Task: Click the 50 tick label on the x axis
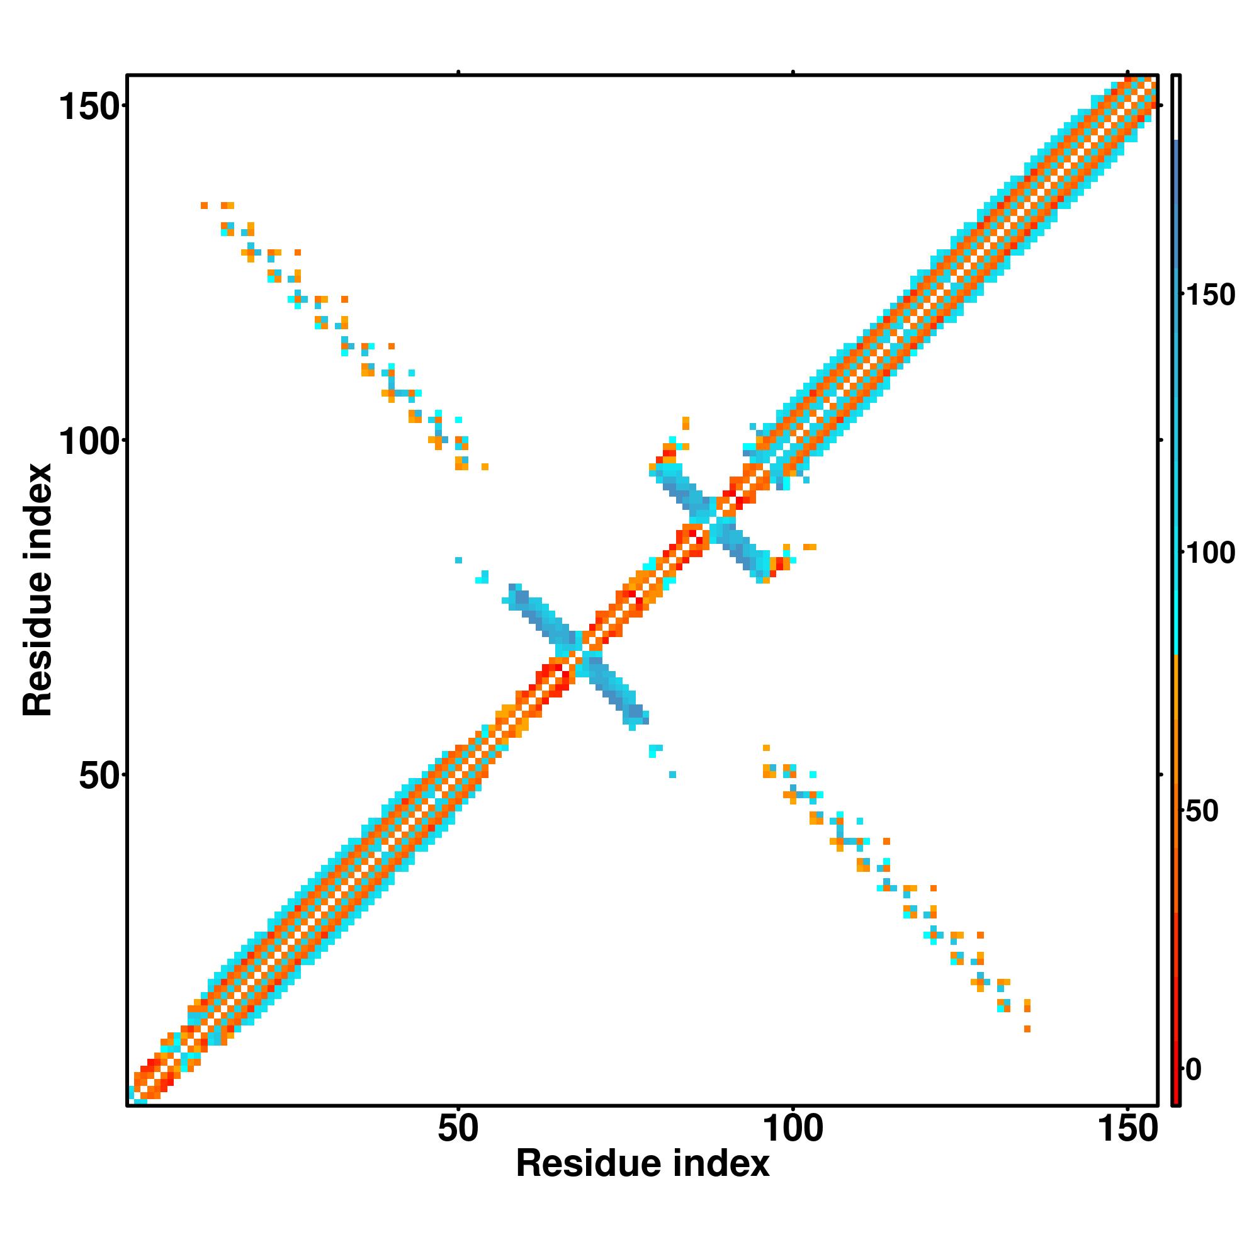pos(458,1129)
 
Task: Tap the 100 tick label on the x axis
pos(793,1129)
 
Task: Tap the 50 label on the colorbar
pos(1202,811)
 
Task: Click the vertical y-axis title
pos(37,590)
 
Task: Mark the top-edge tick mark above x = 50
pos(459,72)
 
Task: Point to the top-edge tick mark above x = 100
pos(793,72)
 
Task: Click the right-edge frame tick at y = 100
pos(1161,441)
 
